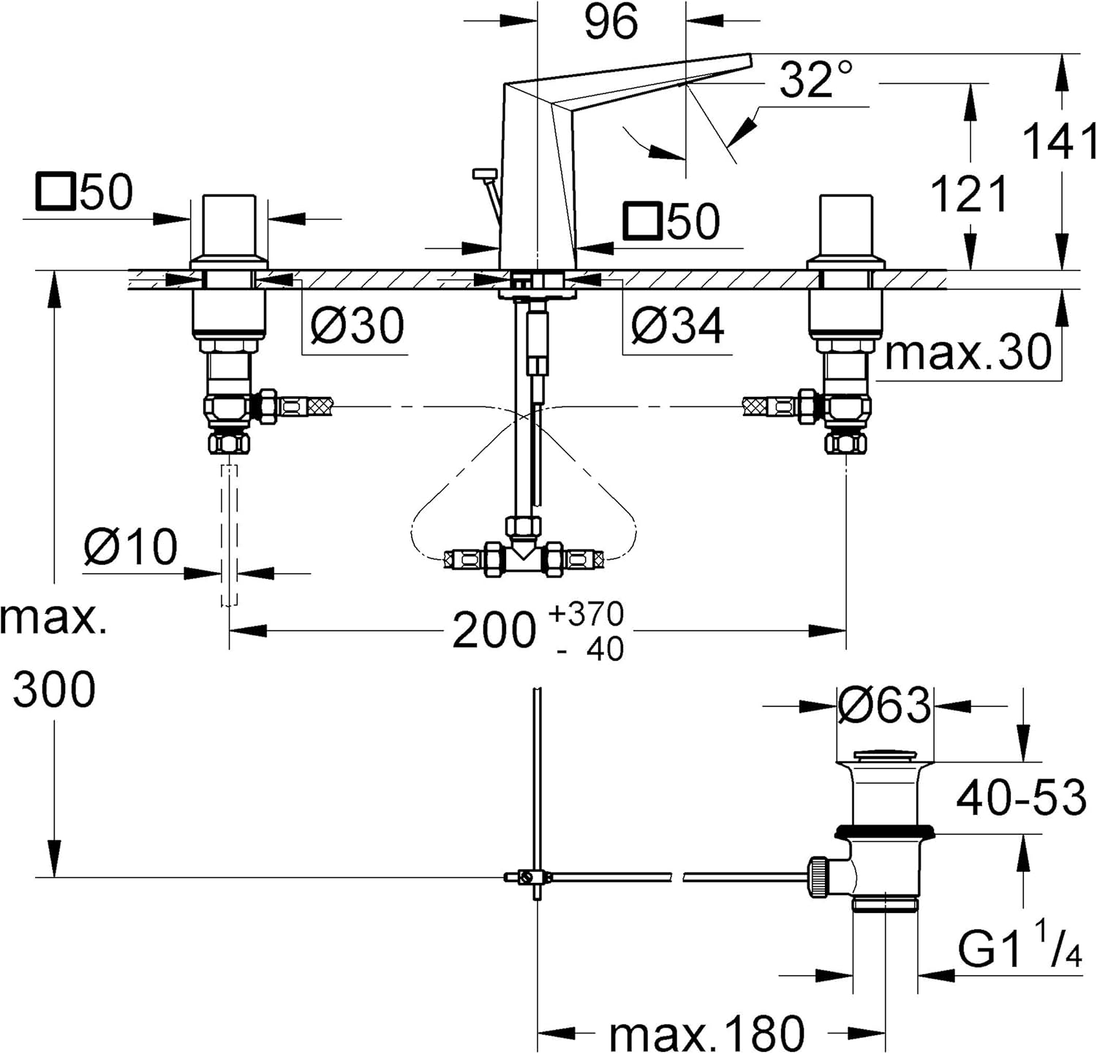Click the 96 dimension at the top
pos(611,21)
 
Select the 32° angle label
pos(815,79)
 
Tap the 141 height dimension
pos(1060,141)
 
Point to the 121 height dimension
pos(969,194)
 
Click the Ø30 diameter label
pos(357,325)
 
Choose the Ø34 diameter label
pos(677,325)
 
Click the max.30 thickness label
pos(968,353)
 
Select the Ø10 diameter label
pos(130,547)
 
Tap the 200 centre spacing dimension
pos(494,630)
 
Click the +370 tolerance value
pos(587,614)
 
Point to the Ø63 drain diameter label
pos(884,706)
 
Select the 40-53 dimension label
pos(1021,797)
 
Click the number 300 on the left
pos(54,689)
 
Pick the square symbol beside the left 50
pos(56,192)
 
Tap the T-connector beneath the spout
pos(524,558)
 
